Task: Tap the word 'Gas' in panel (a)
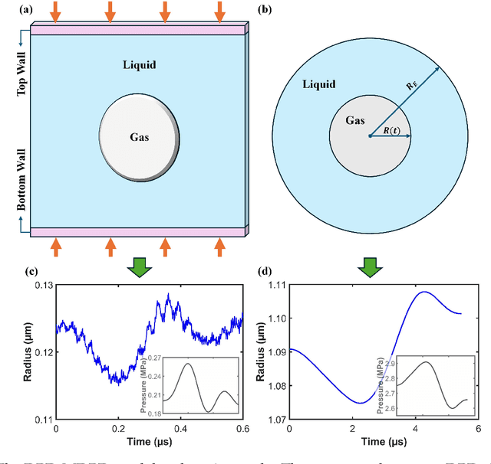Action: [x=139, y=138]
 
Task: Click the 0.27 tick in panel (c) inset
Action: [x=154, y=358]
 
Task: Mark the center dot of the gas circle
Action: [x=370, y=136]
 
